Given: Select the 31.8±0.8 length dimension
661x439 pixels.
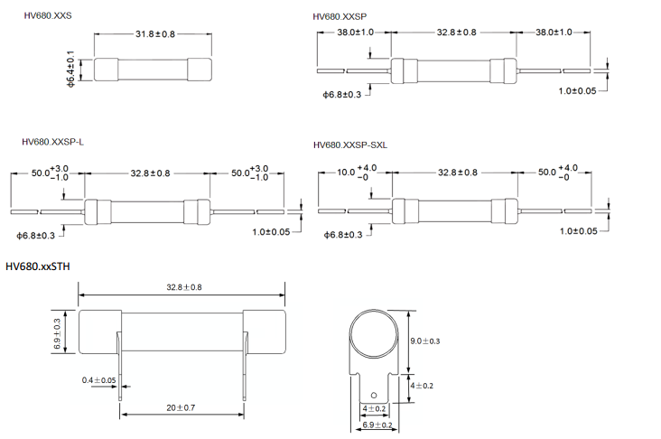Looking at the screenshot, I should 155,34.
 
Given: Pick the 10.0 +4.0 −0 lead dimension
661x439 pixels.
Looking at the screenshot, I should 356,172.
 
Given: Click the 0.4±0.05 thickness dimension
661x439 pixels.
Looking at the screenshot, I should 98,379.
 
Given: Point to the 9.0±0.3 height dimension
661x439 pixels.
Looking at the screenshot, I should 427,341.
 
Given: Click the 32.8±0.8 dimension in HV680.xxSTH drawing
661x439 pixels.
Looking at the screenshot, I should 184,287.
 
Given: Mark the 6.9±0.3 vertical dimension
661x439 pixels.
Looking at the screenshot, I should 57,334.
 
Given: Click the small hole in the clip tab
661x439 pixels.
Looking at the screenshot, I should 372,396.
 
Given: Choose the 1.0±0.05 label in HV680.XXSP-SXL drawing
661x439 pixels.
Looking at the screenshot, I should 578,231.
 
